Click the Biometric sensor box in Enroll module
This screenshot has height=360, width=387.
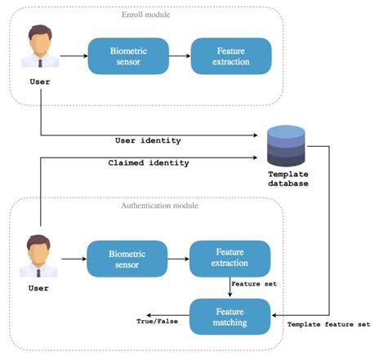pos(127,56)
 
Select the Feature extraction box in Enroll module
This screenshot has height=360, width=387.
pos(220,56)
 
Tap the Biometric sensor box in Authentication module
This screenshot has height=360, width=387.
pos(127,260)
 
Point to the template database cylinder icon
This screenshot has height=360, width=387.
pos(285,146)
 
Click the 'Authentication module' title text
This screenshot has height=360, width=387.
pos(147,205)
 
